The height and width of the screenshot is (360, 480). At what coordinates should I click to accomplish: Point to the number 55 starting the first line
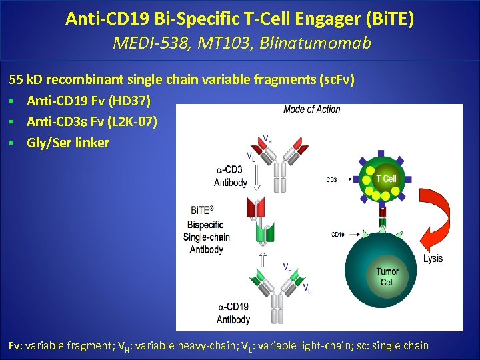click(x=16, y=80)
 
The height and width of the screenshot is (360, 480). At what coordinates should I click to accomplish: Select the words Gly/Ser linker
click(x=68, y=143)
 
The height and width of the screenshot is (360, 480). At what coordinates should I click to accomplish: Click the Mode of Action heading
click(x=311, y=109)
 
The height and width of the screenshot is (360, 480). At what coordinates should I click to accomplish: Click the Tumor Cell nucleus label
click(x=387, y=277)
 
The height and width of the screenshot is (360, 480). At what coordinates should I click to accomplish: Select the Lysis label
click(x=433, y=259)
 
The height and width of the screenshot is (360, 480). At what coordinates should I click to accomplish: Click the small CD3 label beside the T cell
click(x=331, y=179)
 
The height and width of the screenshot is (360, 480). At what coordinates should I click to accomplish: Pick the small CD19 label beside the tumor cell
click(x=338, y=234)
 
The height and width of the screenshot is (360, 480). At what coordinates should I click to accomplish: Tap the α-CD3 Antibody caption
click(x=231, y=177)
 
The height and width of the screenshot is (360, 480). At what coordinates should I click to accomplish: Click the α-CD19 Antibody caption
click(x=233, y=313)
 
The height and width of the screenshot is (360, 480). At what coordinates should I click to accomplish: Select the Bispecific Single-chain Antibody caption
click(x=207, y=231)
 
